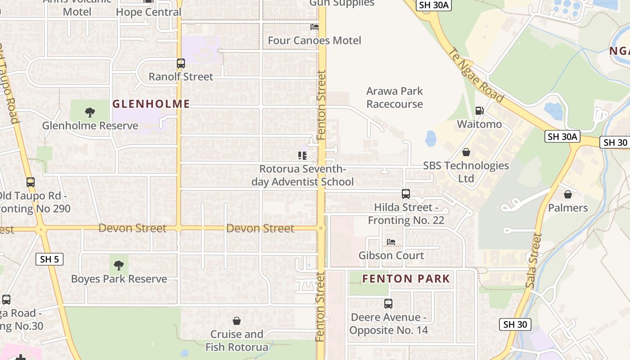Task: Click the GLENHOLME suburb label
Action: coord(151,104)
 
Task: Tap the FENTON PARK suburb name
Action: coord(406,279)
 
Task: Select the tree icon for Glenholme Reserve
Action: coord(90,112)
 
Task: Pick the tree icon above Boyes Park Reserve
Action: coord(119,265)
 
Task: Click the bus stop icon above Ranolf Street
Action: coord(181,63)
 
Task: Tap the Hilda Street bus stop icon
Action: coord(406,194)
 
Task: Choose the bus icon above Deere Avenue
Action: coord(388,304)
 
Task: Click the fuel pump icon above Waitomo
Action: coord(480,111)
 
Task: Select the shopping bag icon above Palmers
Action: coord(568,194)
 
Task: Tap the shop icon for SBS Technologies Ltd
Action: coord(466,152)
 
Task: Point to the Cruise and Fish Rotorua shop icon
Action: coord(237,321)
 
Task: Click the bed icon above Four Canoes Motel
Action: coord(315,27)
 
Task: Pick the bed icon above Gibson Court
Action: coord(391,242)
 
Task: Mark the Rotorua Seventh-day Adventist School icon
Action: coord(302,156)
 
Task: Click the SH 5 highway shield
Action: coord(49,259)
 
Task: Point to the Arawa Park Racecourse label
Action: coord(395,98)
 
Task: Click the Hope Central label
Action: coord(148,12)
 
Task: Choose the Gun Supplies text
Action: coord(342,4)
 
